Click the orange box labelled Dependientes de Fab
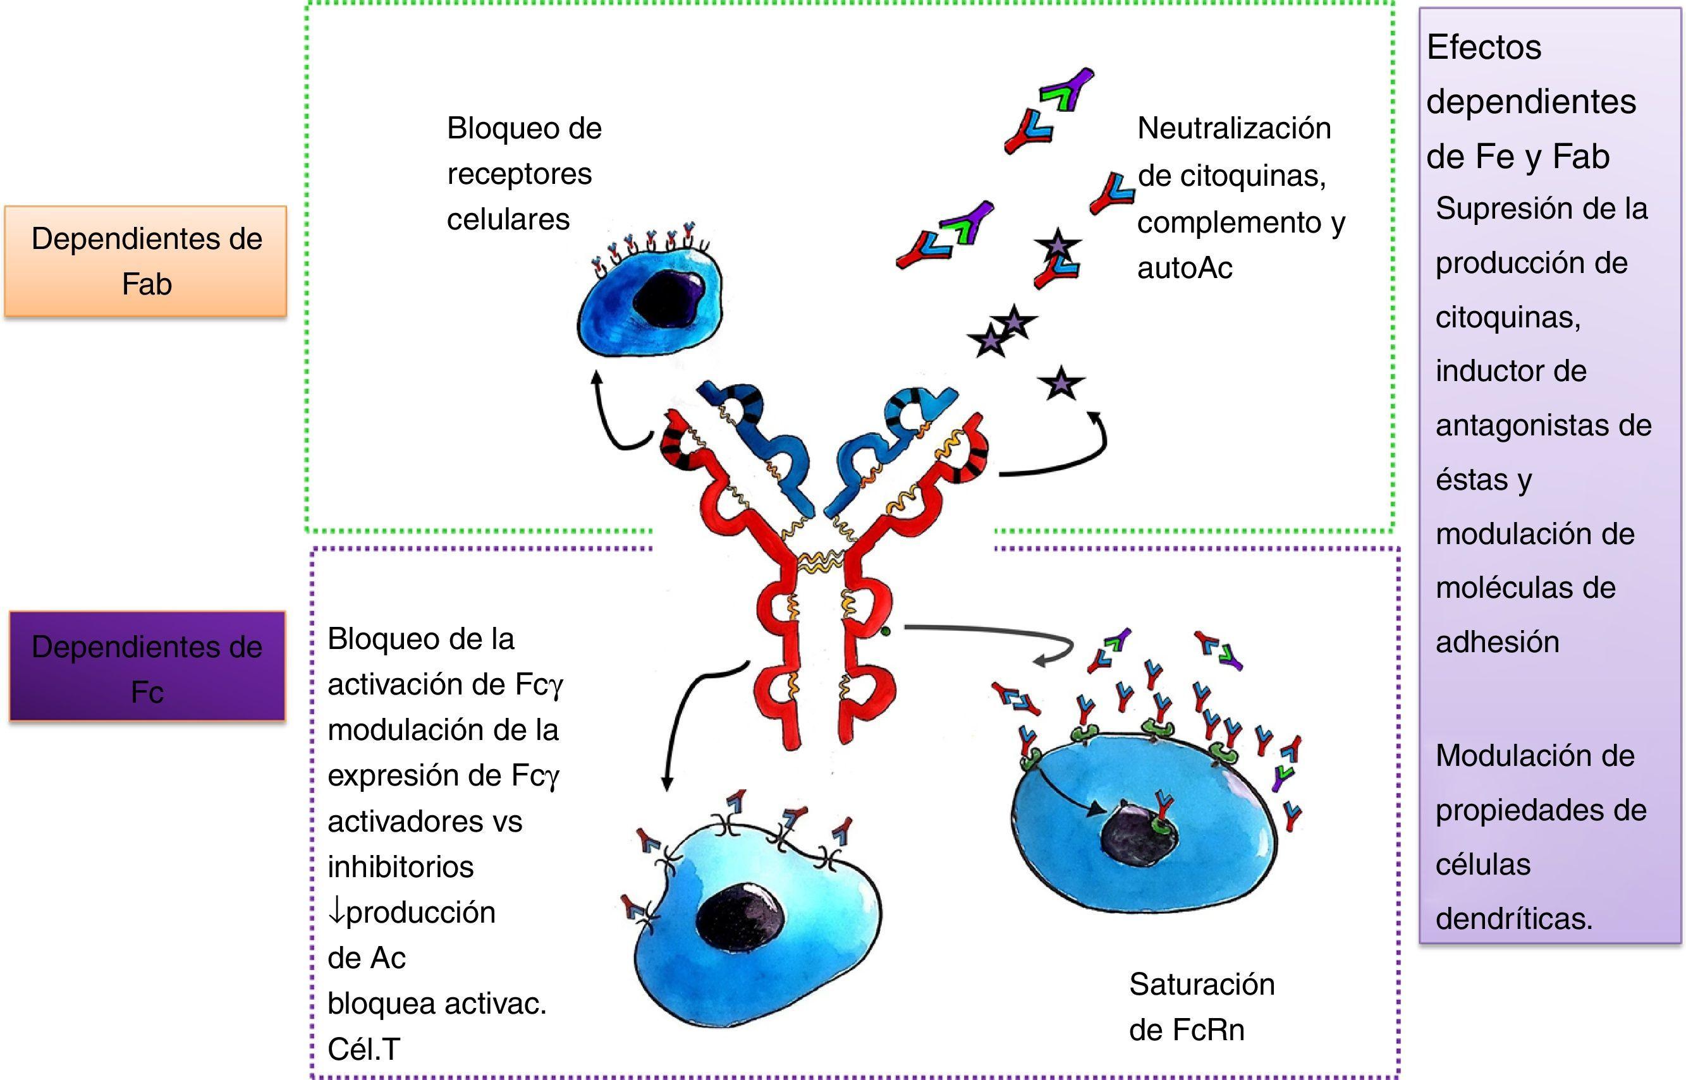(146, 261)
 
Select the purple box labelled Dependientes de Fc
(147, 667)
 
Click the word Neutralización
(1233, 128)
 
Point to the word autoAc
(1185, 268)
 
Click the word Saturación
(1201, 985)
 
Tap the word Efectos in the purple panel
(1483, 47)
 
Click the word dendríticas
(1513, 919)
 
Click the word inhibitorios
(400, 868)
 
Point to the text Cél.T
(363, 1050)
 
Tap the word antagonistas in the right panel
(1543, 426)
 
